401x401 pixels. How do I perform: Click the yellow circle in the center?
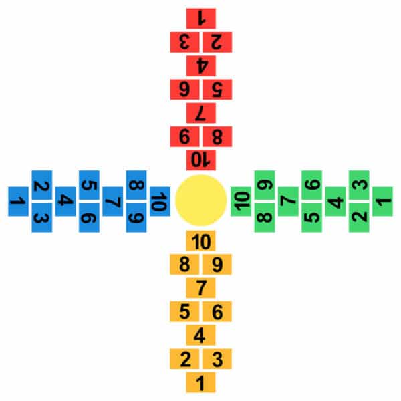coord(200,200)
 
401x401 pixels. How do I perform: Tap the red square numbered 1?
coord(200,19)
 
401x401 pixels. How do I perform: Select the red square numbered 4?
coord(200,65)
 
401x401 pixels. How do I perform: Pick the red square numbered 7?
coord(200,113)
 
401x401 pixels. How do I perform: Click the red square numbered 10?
coord(200,160)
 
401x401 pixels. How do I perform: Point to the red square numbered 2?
coord(217,42)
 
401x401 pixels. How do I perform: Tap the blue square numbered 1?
coord(18,201)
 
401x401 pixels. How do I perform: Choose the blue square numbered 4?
coord(65,201)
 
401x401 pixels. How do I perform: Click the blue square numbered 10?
coord(160,201)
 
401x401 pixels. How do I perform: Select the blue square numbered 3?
coord(42,218)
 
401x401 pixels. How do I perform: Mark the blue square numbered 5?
coord(89,185)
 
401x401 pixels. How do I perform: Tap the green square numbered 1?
coord(382,201)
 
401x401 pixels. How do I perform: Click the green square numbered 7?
coord(288,201)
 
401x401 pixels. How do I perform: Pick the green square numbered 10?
coord(241,201)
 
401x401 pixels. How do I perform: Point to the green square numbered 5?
coord(311,218)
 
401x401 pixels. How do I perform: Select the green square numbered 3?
coord(359,185)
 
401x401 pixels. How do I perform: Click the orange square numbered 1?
coord(200,382)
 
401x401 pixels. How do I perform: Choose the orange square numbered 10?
coord(200,241)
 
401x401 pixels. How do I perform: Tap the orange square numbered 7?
coord(200,288)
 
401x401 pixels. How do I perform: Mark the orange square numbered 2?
coord(184,359)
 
